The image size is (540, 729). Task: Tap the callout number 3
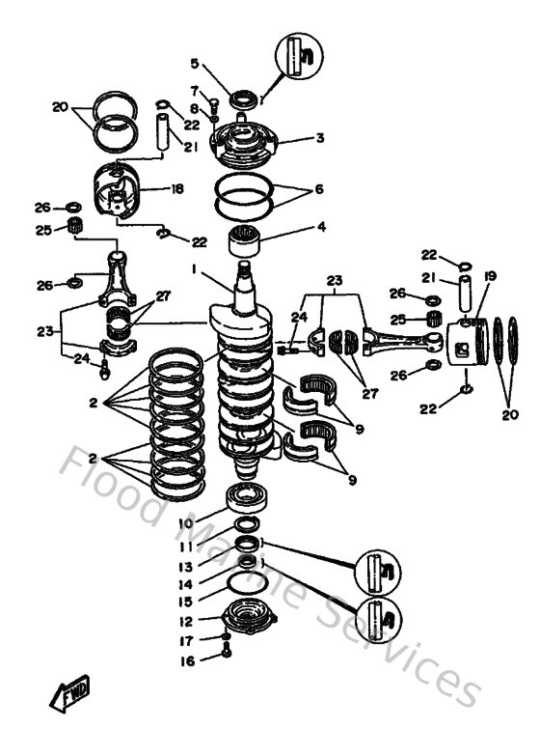coord(319,138)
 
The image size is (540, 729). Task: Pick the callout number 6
coord(319,189)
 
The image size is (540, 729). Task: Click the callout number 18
coord(176,189)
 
